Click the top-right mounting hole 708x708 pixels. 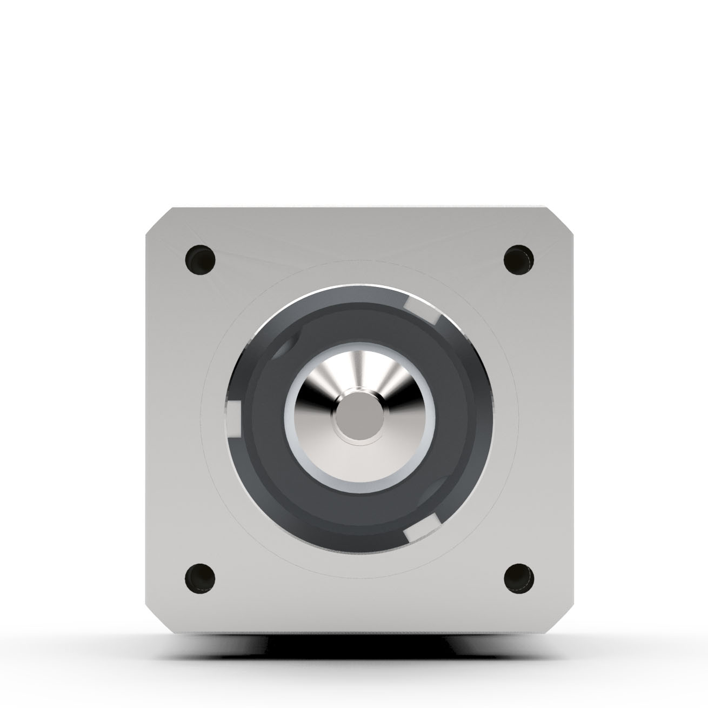point(518,259)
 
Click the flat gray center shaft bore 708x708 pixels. point(359,419)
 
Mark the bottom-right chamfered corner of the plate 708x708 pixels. point(562,619)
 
